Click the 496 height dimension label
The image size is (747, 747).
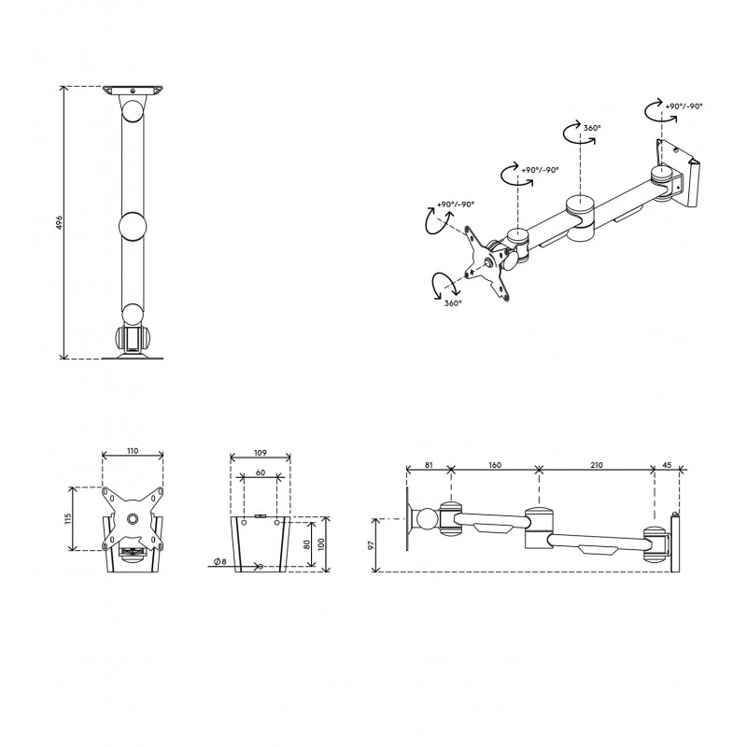pyautogui.click(x=59, y=222)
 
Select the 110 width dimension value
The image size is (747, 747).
pyautogui.click(x=133, y=451)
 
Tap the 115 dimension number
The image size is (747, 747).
pyautogui.click(x=67, y=518)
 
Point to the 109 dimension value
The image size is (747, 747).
pyautogui.click(x=261, y=453)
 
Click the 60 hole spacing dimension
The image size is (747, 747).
pyautogui.click(x=261, y=472)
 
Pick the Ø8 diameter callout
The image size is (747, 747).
pyautogui.click(x=220, y=562)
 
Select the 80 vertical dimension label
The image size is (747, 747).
pyautogui.click(x=307, y=543)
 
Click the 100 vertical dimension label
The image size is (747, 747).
pyautogui.click(x=321, y=544)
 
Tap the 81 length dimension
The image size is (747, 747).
pyautogui.click(x=429, y=465)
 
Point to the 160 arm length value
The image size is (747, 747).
pyautogui.click(x=495, y=465)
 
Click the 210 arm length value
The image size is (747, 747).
pyautogui.click(x=597, y=465)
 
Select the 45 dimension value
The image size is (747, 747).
pyautogui.click(x=667, y=465)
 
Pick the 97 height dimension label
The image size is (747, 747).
pyautogui.click(x=372, y=544)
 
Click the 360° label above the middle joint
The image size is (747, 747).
pyautogui.click(x=592, y=128)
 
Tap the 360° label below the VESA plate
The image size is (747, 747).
pyautogui.click(x=453, y=303)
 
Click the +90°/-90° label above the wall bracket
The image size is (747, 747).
pyautogui.click(x=684, y=106)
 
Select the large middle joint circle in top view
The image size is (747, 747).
pyautogui.click(x=133, y=226)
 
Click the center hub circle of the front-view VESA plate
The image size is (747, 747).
pyautogui.click(x=133, y=518)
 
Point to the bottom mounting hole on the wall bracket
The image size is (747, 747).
pyautogui.click(x=261, y=567)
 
